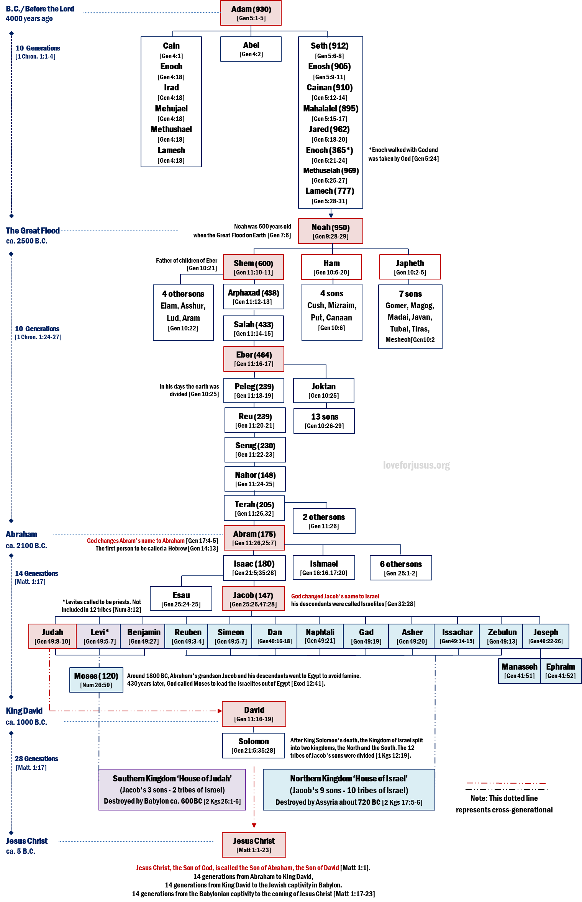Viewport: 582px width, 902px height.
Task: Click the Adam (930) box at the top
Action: pyautogui.click(x=251, y=13)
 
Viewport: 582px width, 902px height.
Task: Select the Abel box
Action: pyautogui.click(x=251, y=49)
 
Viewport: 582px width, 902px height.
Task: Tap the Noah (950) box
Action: pyautogui.click(x=330, y=231)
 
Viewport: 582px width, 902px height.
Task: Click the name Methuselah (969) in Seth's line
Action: pyautogui.click(x=331, y=171)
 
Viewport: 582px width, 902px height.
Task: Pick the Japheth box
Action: pyautogui.click(x=410, y=267)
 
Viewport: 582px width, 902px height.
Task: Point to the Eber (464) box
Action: pyautogui.click(x=254, y=359)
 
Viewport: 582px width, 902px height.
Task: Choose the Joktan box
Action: pyautogui.click(x=323, y=391)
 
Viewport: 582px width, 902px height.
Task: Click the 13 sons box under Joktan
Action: pyautogui.click(x=324, y=421)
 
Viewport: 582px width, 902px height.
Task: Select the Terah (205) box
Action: pyautogui.click(x=254, y=508)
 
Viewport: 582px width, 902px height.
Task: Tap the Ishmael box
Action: pyautogui.click(x=324, y=568)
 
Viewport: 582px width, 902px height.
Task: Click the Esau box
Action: pyautogui.click(x=181, y=599)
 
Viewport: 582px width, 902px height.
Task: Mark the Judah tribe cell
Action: pyautogui.click(x=52, y=636)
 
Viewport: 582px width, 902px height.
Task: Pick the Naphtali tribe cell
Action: pyautogui.click(x=320, y=636)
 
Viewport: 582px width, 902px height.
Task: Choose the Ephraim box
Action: pyautogui.click(x=560, y=671)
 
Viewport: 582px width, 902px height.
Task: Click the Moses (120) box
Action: pyautogui.click(x=96, y=680)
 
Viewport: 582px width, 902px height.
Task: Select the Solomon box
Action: pyautogui.click(x=253, y=745)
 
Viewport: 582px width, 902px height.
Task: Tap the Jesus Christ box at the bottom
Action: pyautogui.click(x=254, y=845)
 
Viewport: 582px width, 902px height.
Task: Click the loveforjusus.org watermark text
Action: pyautogui.click(x=416, y=465)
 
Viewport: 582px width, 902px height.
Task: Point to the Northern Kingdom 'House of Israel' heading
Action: pyautogui.click(x=348, y=779)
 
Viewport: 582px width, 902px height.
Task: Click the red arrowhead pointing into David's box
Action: pyautogui.click(x=220, y=711)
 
